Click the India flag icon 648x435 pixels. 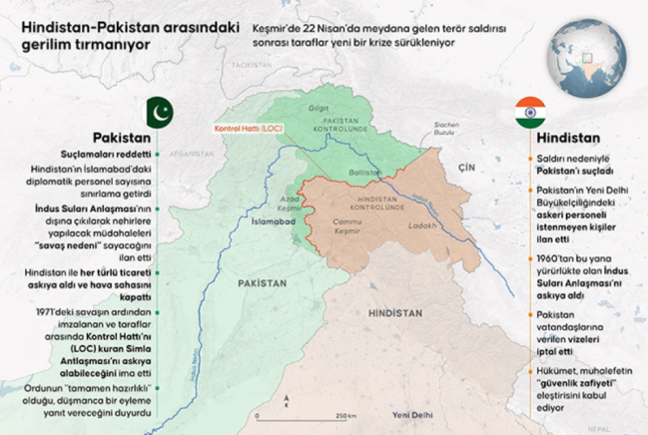coord(529,111)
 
